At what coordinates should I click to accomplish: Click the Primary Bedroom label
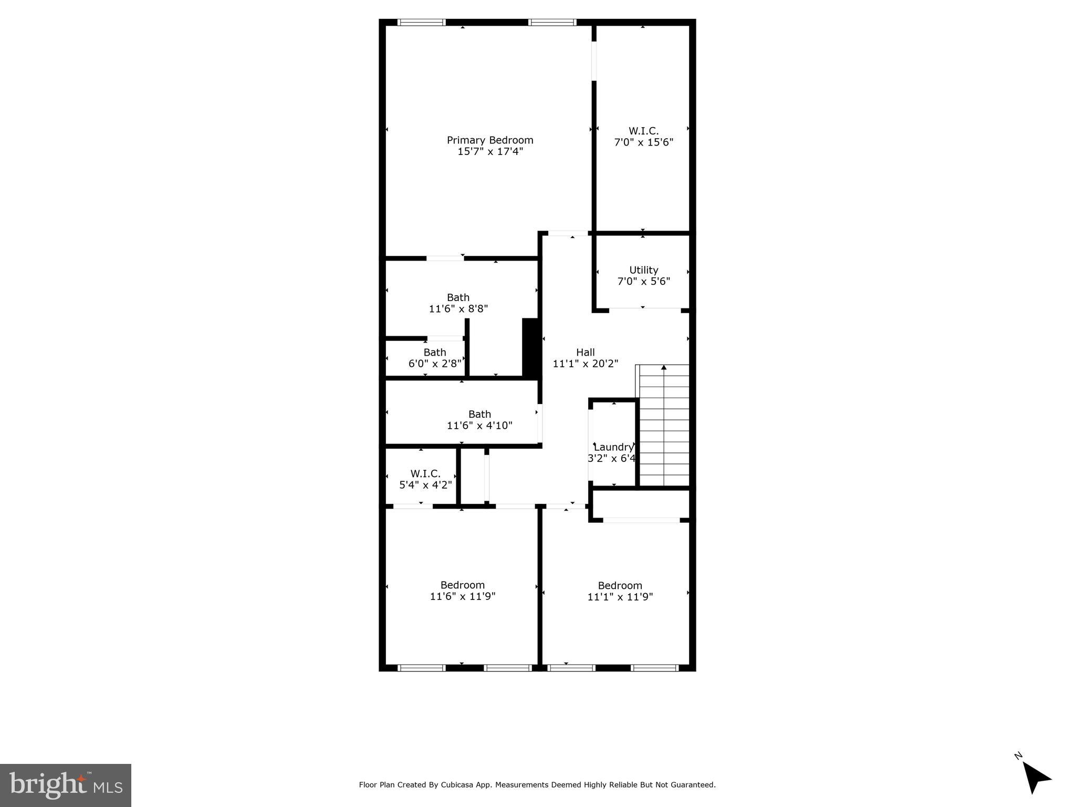tap(489, 140)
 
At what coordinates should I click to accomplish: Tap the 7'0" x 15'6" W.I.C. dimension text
tap(643, 142)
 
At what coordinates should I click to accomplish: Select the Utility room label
tap(643, 270)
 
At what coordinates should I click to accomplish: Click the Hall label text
tap(585, 353)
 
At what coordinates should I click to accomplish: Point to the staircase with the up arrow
tap(664, 426)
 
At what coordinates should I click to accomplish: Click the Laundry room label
tap(613, 447)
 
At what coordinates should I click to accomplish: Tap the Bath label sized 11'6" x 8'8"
tap(458, 297)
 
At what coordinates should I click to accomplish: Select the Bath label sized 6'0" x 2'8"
tap(434, 353)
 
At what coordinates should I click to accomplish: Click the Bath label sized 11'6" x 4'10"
tap(479, 414)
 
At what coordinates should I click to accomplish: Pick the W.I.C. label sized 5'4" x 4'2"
tap(425, 474)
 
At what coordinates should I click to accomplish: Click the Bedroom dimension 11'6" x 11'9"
tap(462, 596)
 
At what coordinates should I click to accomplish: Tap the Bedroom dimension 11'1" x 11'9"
tap(620, 597)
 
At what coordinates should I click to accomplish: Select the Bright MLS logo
tap(66, 785)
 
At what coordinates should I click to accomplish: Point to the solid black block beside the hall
tap(531, 348)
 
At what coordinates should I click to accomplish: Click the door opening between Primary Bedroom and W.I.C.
tap(594, 61)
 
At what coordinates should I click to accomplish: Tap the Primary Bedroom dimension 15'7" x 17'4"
tap(490, 152)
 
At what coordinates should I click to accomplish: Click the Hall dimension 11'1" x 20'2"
tap(585, 364)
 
